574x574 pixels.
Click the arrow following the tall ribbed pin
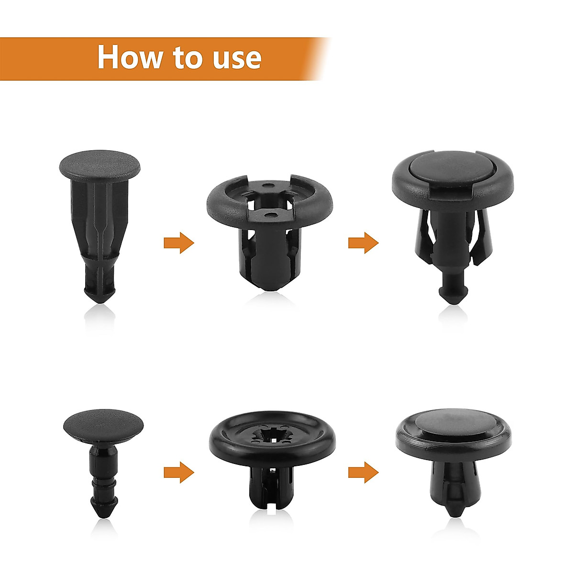coord(178,243)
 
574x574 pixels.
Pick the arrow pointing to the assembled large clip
coord(363,243)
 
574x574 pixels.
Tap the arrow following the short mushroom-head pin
coord(178,473)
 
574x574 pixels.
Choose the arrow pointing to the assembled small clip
coord(363,473)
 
